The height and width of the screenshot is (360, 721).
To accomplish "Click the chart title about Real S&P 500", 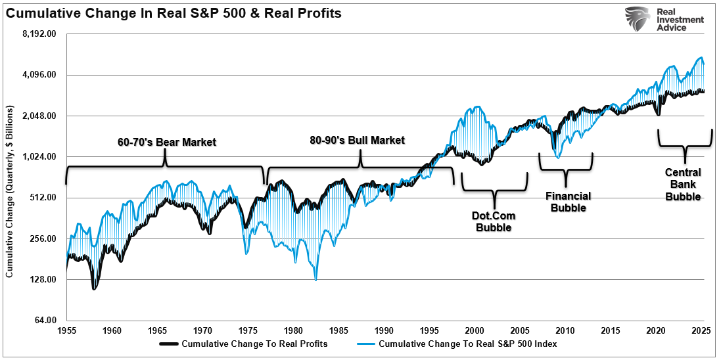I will [174, 13].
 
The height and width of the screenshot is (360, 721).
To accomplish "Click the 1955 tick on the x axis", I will [66, 330].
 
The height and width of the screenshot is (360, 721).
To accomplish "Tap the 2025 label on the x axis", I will [702, 330].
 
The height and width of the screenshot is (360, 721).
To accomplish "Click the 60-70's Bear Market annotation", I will [167, 141].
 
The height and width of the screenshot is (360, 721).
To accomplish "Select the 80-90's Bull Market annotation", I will [358, 140].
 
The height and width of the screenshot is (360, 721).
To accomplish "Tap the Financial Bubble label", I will [569, 202].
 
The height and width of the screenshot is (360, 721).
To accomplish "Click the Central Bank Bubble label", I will [683, 185].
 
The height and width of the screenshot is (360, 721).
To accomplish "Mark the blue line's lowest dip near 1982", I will [316, 280].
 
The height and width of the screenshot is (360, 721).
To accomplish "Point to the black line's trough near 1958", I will [94, 288].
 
